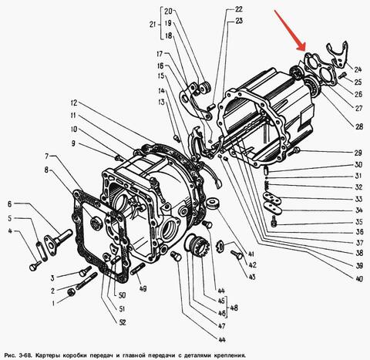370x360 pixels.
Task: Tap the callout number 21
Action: tap(153, 25)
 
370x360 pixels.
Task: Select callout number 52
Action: tap(123, 322)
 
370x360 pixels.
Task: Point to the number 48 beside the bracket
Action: tap(234, 308)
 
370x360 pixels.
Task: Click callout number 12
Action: tap(74, 103)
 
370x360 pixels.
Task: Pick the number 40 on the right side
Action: tap(359, 278)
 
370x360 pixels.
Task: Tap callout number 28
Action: tap(359, 126)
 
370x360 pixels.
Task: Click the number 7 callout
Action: tap(47, 156)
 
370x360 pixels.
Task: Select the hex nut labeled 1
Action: tap(71, 292)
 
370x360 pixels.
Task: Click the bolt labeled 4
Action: tap(35, 266)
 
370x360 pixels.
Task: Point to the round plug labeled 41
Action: tap(213, 203)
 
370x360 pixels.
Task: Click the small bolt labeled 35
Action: tap(274, 221)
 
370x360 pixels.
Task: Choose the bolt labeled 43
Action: tap(237, 254)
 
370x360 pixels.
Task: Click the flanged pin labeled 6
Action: tap(58, 241)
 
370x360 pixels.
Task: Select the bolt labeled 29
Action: tap(294, 151)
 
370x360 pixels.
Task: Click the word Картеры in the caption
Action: tap(48, 355)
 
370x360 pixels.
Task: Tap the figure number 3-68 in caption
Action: tap(25, 355)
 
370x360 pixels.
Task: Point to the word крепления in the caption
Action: tap(229, 355)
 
